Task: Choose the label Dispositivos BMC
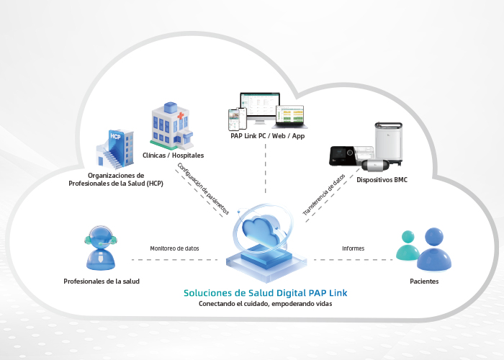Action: pos(382,179)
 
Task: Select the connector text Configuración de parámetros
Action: pos(203,189)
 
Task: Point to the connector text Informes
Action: pos(353,248)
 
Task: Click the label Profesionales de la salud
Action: pos(102,281)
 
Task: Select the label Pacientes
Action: pos(424,281)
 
